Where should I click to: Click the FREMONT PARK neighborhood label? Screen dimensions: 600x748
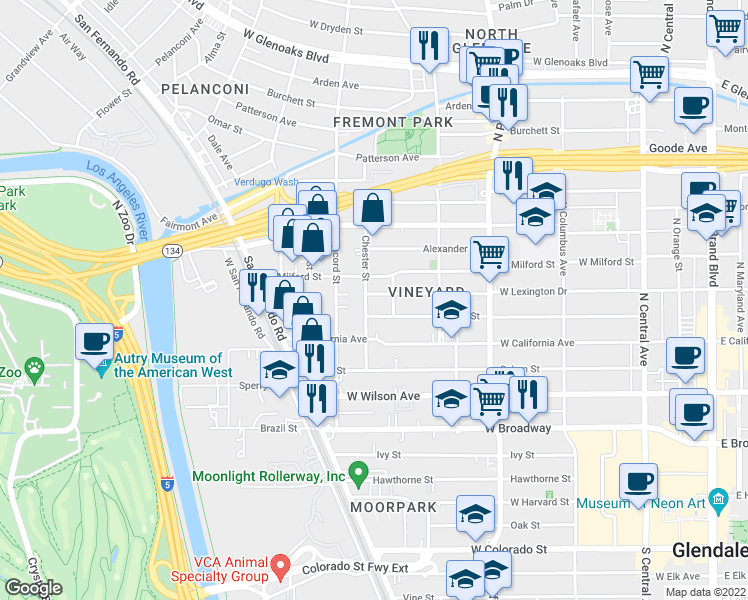point(393,122)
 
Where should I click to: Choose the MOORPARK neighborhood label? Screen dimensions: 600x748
point(394,507)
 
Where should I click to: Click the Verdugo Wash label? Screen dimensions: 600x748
point(267,182)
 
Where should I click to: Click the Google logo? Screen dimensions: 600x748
point(33,588)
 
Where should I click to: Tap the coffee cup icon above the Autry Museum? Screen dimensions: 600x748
point(95,341)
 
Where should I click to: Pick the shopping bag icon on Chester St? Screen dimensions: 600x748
point(372,208)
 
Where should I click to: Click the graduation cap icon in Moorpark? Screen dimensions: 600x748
point(475,514)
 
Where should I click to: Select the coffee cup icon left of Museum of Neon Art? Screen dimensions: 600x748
point(638,482)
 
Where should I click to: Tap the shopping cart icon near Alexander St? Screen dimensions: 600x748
point(489,254)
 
